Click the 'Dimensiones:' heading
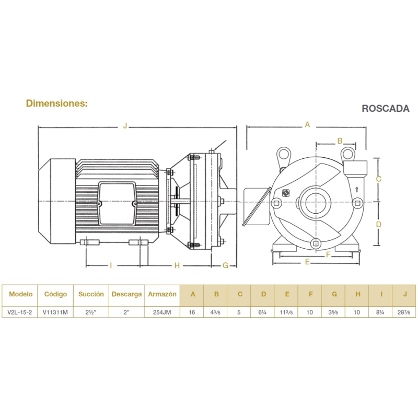pos(57,103)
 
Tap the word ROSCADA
pos(386,108)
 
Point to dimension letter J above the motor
pos(125,125)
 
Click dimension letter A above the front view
pos(307,124)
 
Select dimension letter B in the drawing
pos(340,141)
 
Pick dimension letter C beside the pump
pos(378,179)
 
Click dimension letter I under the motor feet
pos(111,265)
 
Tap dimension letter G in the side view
pos(226,265)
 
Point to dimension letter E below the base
pos(307,262)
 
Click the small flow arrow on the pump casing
pos(357,190)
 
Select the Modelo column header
pos(20,294)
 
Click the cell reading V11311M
pos(55,312)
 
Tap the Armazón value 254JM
pos(162,312)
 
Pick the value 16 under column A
pos(192,312)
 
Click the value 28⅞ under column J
pos(403,312)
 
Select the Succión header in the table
pos(91,294)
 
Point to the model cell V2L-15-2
pos(19,312)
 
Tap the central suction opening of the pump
pos(316,203)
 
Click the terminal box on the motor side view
pos(116,203)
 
